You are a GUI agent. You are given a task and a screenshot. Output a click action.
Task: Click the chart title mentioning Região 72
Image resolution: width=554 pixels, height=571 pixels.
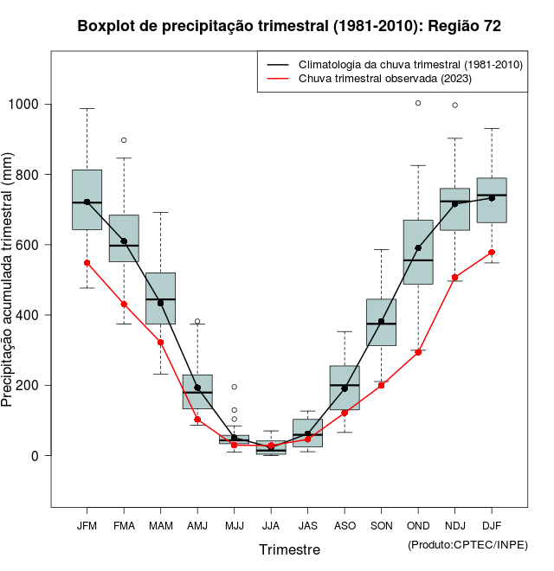[289, 26]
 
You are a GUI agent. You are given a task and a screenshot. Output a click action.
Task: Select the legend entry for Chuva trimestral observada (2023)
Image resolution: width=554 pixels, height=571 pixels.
[384, 79]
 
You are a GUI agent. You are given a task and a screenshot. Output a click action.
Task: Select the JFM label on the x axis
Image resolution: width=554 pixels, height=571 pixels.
[87, 526]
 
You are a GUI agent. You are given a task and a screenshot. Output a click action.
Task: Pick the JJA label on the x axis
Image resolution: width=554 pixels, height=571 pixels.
[271, 526]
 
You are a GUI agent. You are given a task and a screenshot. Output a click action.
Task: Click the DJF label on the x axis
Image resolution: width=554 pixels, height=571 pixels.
[492, 526]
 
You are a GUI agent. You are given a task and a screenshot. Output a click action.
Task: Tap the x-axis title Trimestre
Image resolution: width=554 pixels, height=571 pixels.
[289, 549]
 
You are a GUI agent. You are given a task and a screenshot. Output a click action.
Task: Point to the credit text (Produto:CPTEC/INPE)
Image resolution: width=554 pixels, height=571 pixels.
[467, 544]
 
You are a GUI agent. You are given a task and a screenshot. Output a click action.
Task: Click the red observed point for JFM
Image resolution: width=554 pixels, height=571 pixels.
[87, 263]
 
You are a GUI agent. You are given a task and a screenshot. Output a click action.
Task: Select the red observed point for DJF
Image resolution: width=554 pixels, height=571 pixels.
[492, 253]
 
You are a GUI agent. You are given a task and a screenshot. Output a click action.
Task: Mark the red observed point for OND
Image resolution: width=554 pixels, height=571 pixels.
[418, 352]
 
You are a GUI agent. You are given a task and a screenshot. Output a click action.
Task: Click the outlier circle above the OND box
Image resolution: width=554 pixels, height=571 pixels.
[418, 103]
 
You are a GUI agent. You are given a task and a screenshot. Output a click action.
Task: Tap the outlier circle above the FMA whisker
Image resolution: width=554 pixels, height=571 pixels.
[124, 140]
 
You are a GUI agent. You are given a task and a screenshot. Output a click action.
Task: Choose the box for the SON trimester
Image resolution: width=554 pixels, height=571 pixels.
[381, 322]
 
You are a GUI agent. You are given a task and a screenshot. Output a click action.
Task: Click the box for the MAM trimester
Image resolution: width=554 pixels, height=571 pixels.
[160, 298]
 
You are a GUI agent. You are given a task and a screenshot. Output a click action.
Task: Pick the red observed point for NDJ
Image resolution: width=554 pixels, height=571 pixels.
[454, 278]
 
